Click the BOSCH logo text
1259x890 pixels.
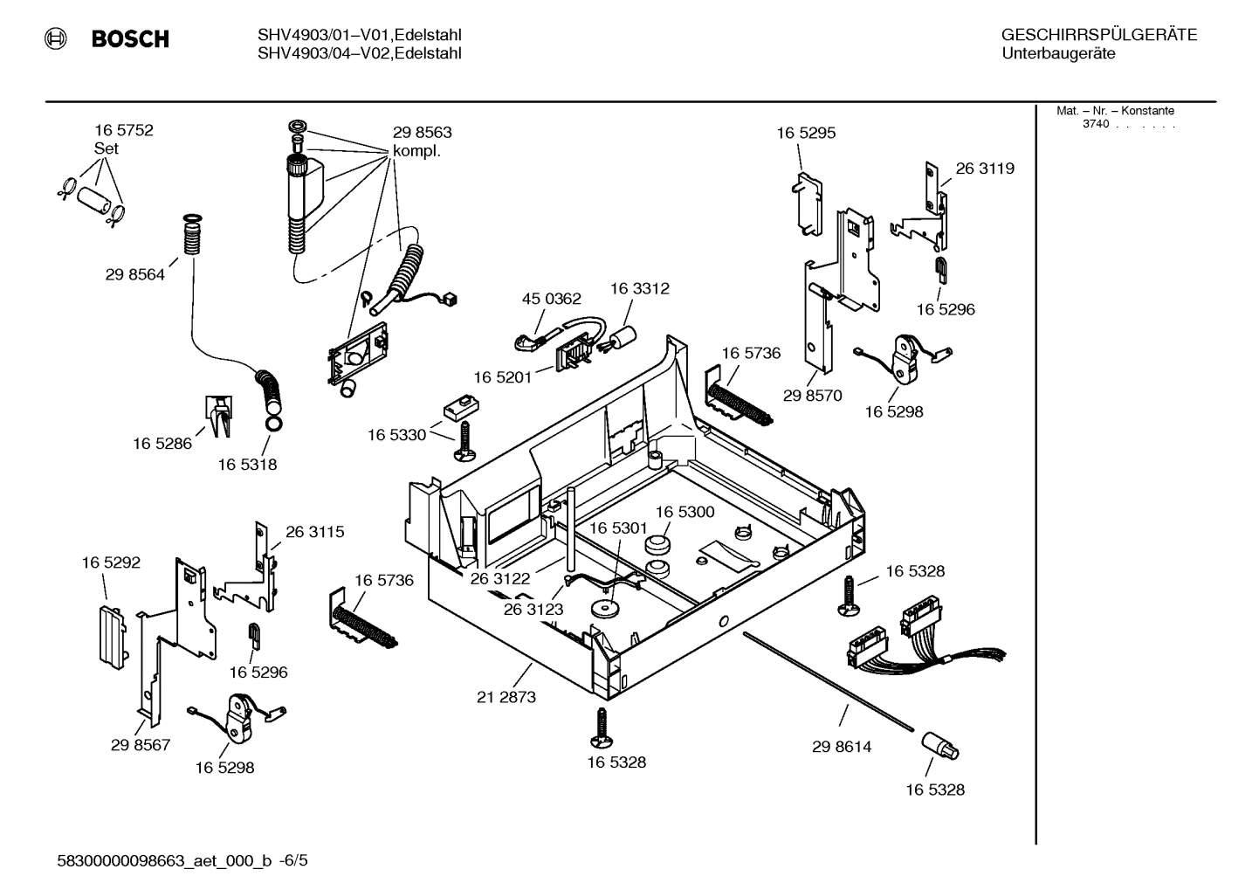[x=129, y=39]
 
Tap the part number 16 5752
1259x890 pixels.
[x=123, y=130]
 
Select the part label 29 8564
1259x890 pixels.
[x=134, y=274]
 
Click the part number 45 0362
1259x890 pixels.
[x=551, y=299]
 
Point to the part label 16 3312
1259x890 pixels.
[x=639, y=288]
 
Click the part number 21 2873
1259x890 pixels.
[x=506, y=697]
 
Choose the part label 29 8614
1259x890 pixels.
[x=842, y=747]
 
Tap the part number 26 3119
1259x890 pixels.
[x=985, y=169]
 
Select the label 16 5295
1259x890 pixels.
[x=806, y=133]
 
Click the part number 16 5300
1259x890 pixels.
[x=685, y=512]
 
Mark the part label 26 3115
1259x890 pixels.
[x=314, y=531]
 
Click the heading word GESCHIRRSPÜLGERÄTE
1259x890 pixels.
[x=1098, y=35]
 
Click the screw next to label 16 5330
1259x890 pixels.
[x=463, y=439]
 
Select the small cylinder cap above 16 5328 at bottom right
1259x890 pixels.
[x=939, y=745]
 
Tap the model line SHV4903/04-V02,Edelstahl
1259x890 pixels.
[x=359, y=54]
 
